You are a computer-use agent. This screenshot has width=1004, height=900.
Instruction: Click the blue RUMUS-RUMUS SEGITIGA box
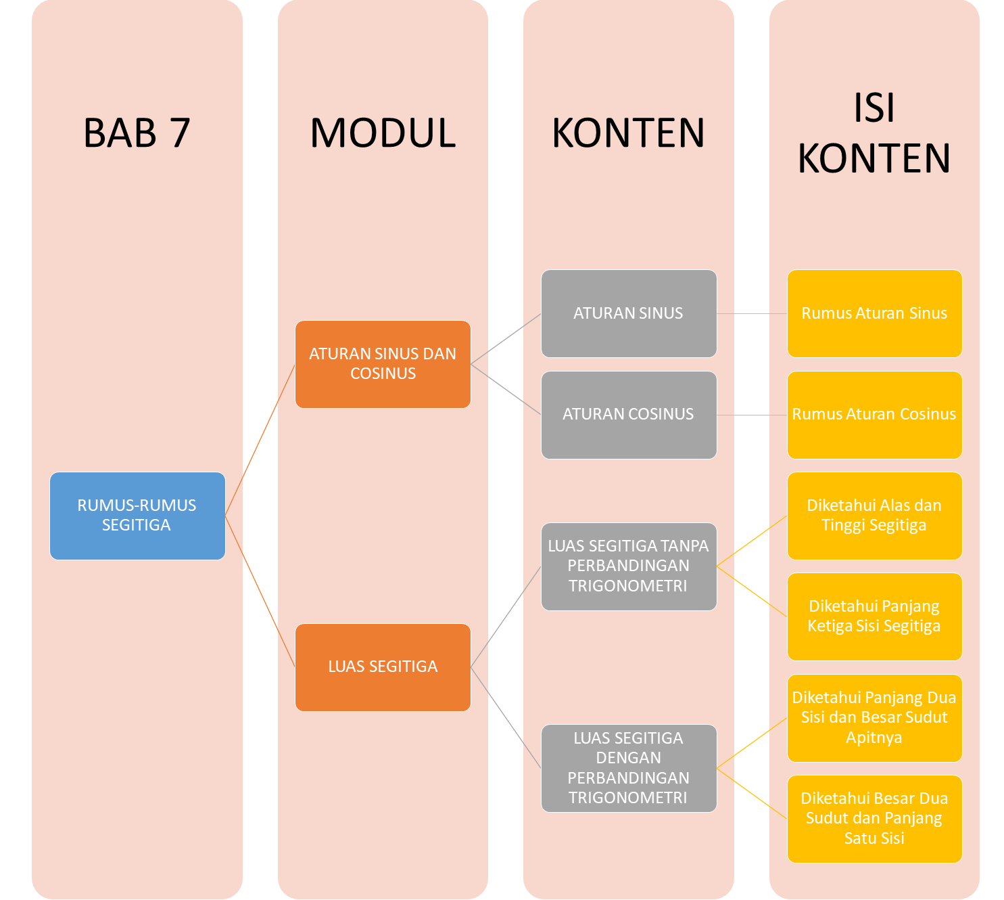point(137,516)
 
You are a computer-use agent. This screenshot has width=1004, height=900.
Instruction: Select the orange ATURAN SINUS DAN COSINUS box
point(383,364)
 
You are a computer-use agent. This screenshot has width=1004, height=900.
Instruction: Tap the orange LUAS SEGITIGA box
point(383,667)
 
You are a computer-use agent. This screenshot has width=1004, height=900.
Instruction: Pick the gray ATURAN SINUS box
point(629,313)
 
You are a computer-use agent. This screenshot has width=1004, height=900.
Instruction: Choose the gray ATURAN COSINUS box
point(629,415)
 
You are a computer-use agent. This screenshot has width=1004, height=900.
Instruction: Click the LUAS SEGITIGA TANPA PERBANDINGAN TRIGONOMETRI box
point(629,566)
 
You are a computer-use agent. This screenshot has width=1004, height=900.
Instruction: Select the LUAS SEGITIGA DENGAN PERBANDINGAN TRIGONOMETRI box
point(629,768)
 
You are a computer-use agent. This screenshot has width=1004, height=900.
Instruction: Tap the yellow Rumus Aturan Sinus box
point(874,313)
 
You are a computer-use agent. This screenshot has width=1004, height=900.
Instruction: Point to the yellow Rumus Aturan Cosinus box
point(874,415)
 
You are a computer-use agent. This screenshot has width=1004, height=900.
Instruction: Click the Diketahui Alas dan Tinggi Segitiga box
point(874,516)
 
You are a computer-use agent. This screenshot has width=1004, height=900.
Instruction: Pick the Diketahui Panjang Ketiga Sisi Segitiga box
point(874,616)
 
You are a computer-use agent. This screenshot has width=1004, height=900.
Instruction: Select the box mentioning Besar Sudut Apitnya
point(874,718)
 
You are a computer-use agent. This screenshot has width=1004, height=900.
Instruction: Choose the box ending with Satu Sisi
point(874,819)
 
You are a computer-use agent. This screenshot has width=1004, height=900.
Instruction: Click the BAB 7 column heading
point(137,133)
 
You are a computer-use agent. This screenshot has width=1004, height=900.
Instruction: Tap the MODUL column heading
point(383,133)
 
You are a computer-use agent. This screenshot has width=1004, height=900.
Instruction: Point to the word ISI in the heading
point(874,108)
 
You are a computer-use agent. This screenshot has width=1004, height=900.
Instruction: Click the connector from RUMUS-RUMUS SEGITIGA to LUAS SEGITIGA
point(260,592)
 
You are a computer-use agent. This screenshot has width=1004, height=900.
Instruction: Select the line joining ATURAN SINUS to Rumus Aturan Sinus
point(752,314)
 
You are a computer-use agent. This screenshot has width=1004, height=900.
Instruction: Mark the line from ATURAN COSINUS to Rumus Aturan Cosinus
point(752,415)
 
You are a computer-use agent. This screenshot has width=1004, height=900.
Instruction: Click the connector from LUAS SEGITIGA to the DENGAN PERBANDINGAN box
point(506,718)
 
